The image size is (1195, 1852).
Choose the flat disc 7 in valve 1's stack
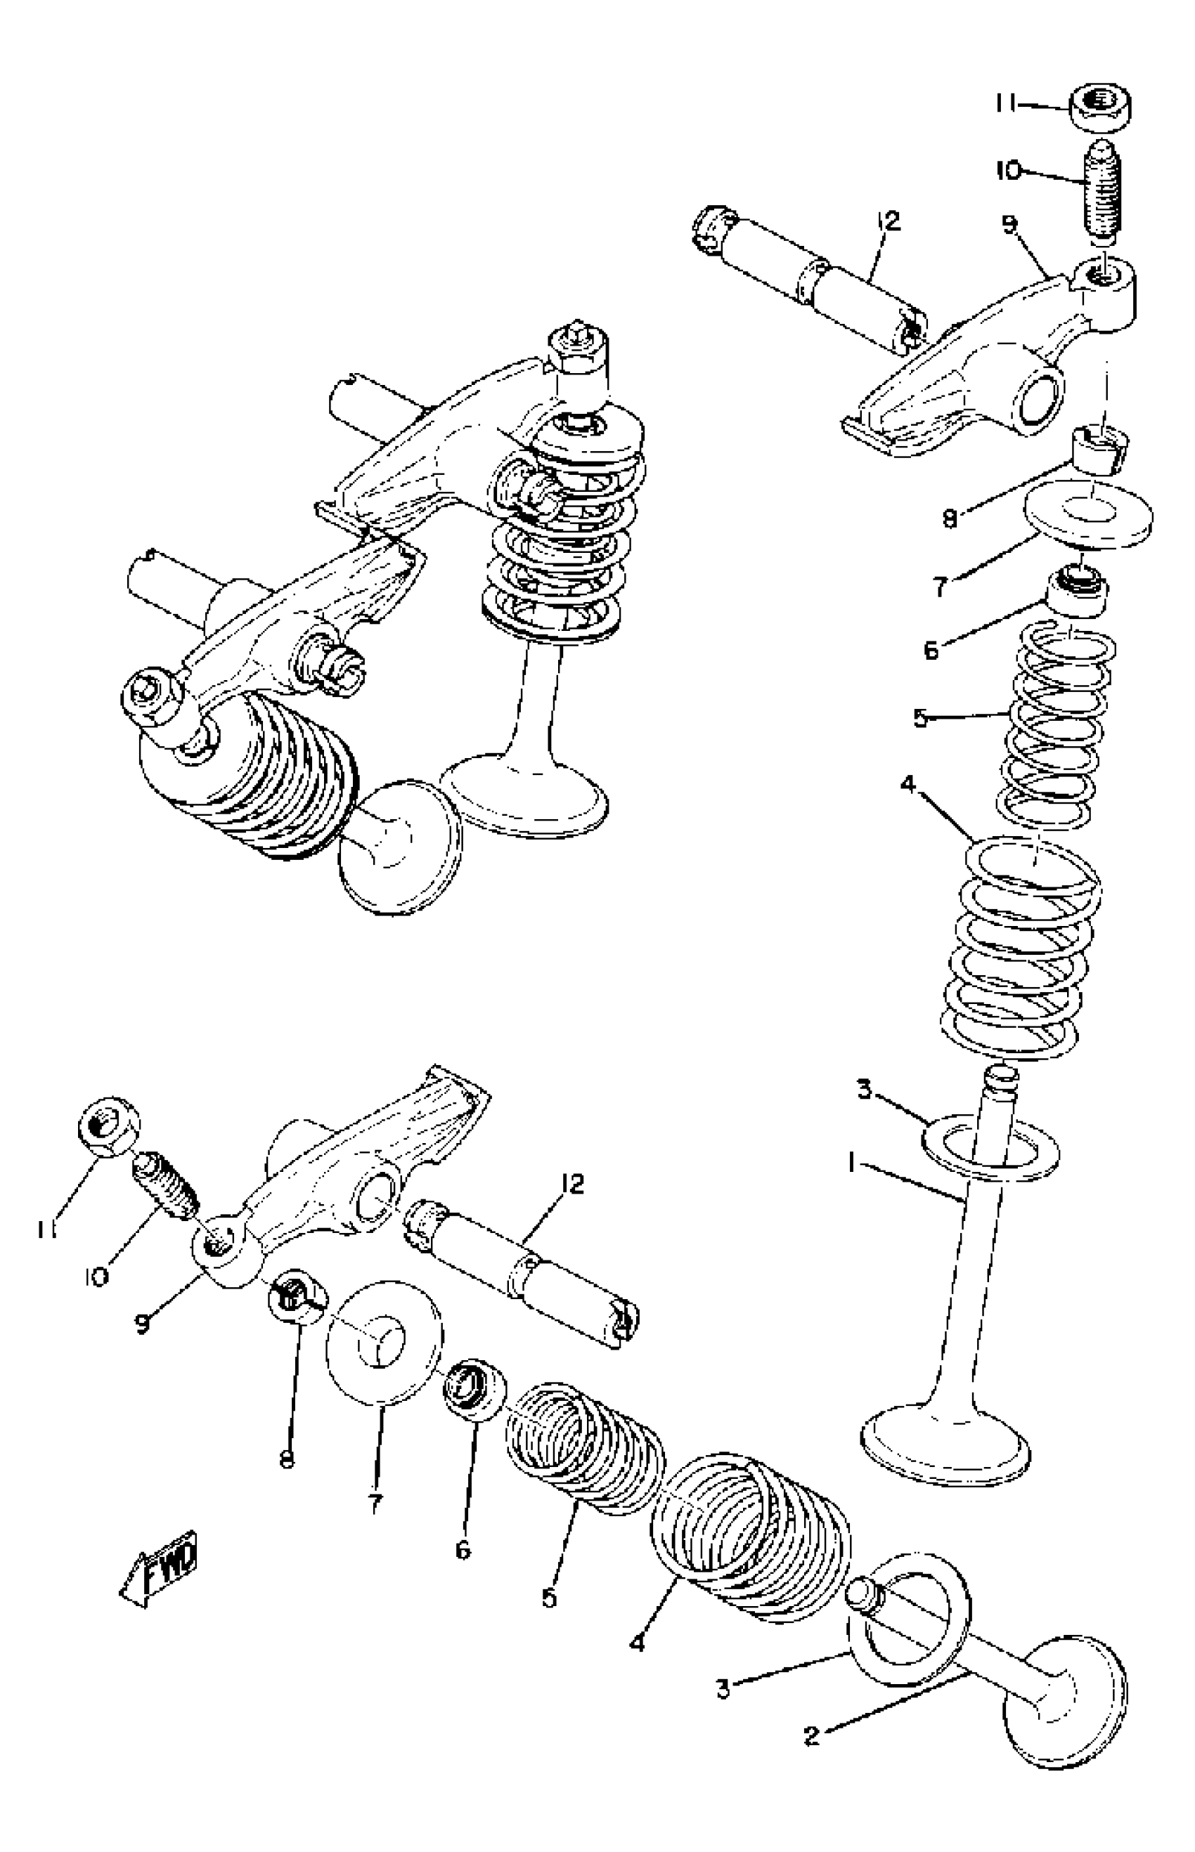click(1089, 516)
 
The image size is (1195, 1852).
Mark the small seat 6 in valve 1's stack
click(1078, 592)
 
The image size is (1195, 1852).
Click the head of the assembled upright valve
click(528, 795)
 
